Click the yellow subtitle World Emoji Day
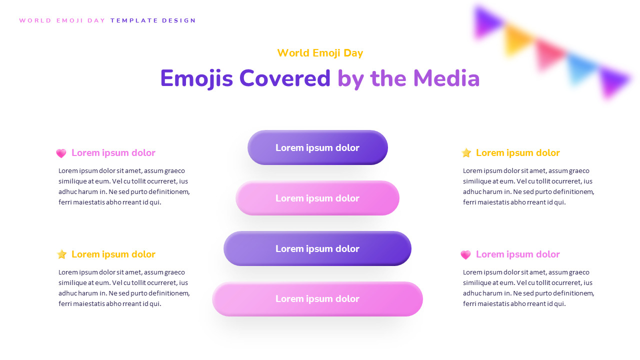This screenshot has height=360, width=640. (x=320, y=53)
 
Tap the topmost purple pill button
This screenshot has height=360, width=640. (x=317, y=147)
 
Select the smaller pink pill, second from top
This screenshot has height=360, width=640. (x=317, y=198)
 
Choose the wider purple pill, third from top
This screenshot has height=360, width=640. (x=317, y=248)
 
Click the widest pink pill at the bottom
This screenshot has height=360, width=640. (x=317, y=299)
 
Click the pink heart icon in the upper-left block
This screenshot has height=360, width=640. (x=61, y=153)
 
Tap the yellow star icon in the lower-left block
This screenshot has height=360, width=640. (x=61, y=254)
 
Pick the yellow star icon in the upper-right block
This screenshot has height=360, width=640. (x=466, y=153)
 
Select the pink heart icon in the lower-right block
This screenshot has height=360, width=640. (x=465, y=255)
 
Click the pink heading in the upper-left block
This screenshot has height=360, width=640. (x=113, y=153)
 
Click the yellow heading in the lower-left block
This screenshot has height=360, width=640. (x=113, y=254)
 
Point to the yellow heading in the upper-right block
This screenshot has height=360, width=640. (x=518, y=153)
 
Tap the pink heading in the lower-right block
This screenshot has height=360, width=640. (x=518, y=254)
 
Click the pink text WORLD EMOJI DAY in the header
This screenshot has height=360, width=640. (x=62, y=21)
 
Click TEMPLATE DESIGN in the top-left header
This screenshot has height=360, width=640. (x=153, y=21)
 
